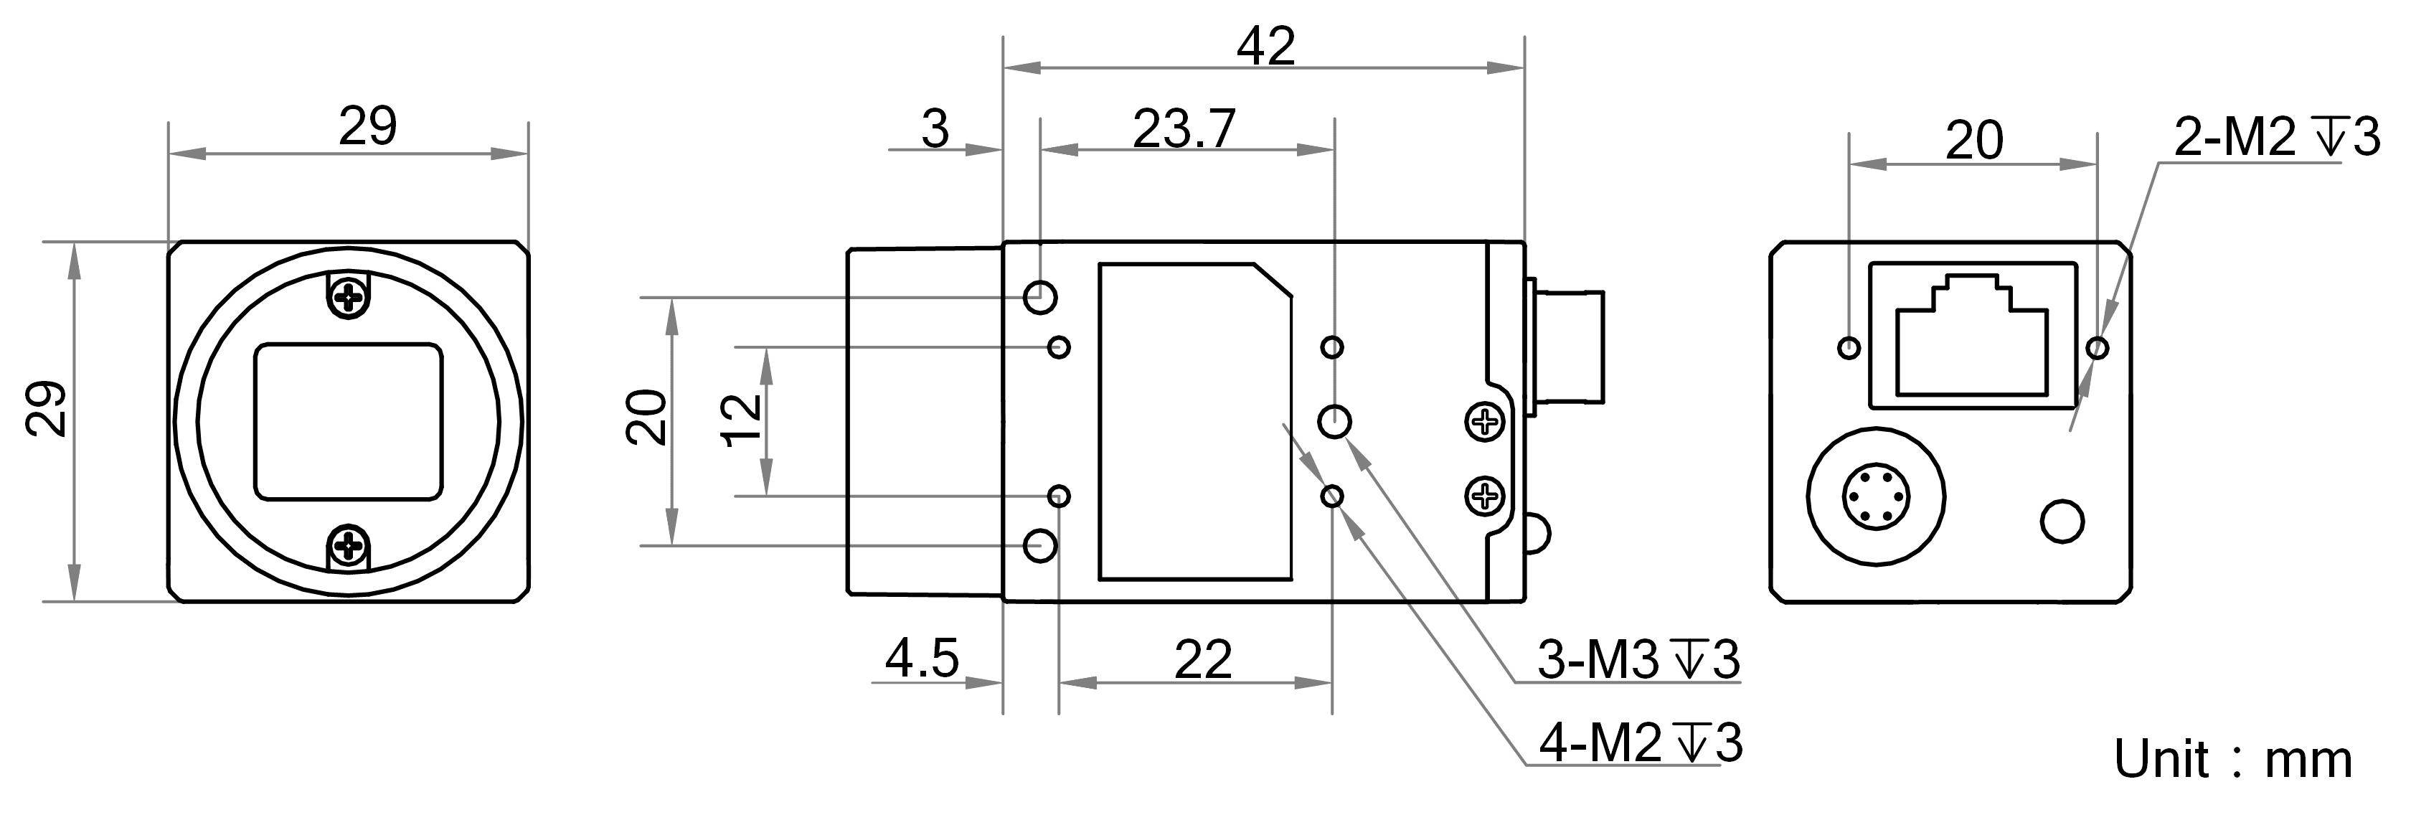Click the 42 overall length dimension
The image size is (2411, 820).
[x=1265, y=46]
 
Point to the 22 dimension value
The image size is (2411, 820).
[x=1203, y=660]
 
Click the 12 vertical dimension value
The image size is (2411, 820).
[x=744, y=420]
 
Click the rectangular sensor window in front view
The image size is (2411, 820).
[x=348, y=421]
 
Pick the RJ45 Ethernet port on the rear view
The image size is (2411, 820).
[x=1973, y=335]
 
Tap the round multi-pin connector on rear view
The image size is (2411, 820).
[x=1877, y=496]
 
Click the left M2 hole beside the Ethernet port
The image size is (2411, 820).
[x=1849, y=348]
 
